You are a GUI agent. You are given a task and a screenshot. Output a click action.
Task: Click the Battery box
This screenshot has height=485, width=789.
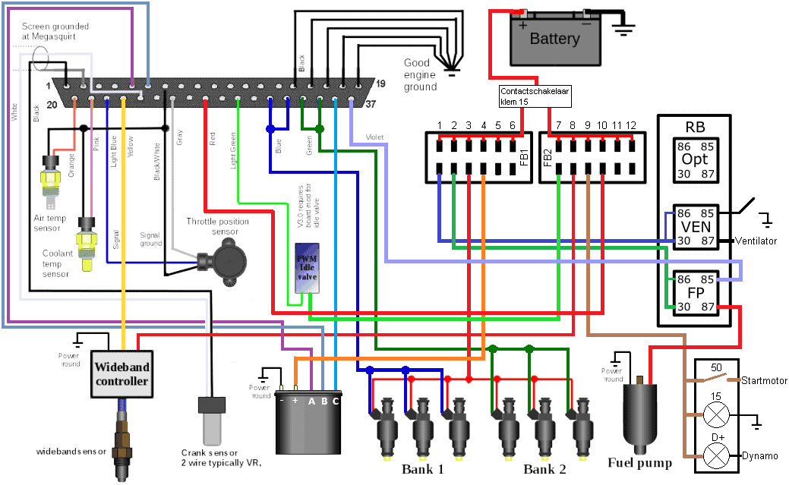point(554,39)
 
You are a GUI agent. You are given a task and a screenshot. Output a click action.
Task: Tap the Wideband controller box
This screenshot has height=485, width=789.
point(122,373)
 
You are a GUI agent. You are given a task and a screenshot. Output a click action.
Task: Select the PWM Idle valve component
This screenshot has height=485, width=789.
point(310,267)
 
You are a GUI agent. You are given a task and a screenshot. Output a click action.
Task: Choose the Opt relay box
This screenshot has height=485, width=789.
point(694,159)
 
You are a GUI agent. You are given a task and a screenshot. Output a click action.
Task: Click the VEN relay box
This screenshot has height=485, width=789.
point(694,226)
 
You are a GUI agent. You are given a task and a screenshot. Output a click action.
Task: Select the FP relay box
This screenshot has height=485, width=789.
point(694,292)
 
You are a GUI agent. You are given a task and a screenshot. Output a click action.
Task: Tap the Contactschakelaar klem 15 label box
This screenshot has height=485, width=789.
point(534,95)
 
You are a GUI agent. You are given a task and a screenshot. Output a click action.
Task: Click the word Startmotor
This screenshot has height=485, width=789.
point(764,380)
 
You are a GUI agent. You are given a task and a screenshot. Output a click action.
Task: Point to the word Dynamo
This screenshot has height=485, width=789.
point(759,455)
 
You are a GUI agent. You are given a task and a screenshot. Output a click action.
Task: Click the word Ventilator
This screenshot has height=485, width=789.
point(756,241)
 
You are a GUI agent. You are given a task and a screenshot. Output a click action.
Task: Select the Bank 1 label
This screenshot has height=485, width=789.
point(423,469)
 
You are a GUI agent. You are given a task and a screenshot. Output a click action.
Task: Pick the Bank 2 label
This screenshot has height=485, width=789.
point(544,469)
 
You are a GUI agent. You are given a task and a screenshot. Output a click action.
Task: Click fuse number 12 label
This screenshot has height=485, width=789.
point(630,124)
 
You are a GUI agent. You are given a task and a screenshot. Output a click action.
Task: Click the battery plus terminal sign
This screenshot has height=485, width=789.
point(522,24)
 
